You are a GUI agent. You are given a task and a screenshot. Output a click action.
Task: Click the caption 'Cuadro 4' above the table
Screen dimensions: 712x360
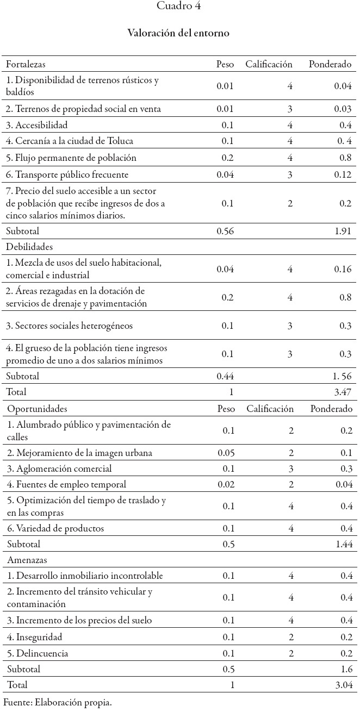(178, 6)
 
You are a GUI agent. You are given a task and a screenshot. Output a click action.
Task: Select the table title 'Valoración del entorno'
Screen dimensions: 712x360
(178, 33)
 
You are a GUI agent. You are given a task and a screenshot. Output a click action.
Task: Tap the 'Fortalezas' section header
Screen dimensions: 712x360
(26, 64)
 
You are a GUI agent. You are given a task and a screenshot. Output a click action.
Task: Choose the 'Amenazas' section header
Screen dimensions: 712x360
(24, 560)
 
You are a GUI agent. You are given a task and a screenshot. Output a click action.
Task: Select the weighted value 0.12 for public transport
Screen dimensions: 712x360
(343, 174)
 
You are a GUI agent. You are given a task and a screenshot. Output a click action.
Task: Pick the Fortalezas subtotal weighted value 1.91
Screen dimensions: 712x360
(343, 231)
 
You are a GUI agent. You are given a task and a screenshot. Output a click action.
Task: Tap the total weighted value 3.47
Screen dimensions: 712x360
(343, 391)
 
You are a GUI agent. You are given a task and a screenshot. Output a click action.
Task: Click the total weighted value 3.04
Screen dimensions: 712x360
(343, 685)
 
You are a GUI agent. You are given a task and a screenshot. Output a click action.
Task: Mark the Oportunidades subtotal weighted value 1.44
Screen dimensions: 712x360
(343, 544)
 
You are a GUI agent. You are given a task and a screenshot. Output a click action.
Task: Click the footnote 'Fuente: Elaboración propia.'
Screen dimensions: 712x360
(58, 703)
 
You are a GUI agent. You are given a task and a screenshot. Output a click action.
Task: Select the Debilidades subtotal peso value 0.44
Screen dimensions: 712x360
(225, 376)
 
